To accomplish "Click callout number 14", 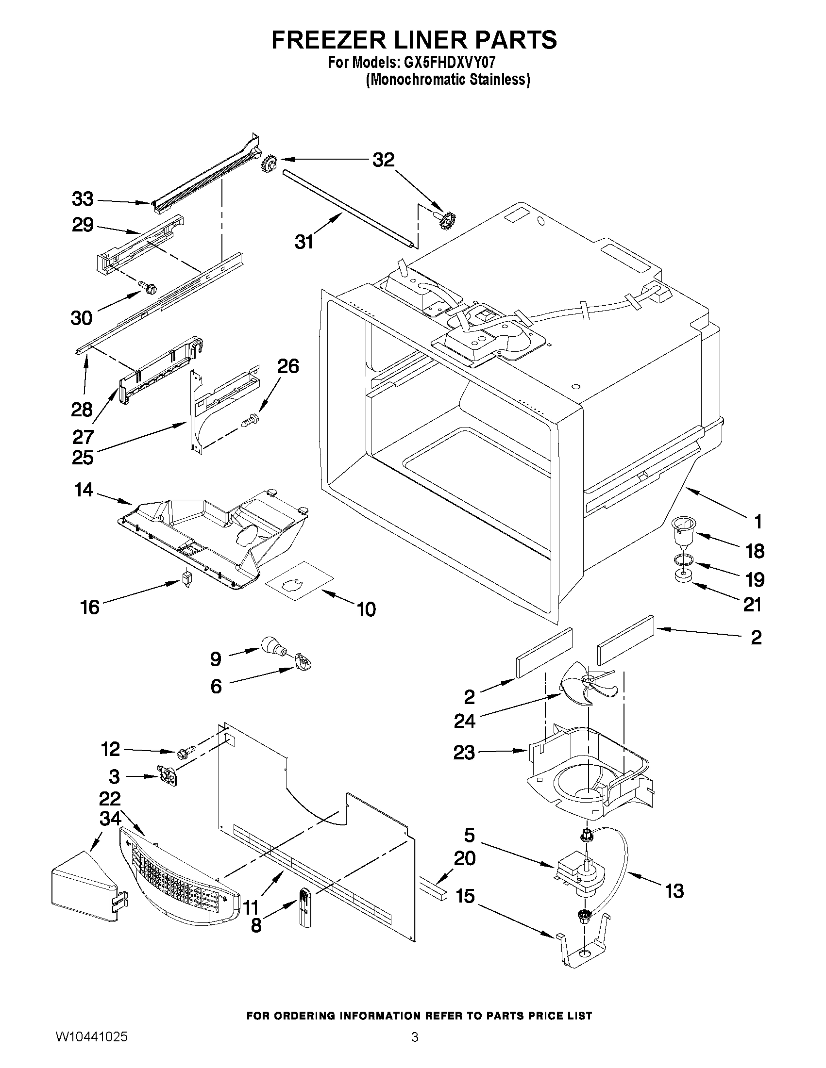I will point(83,490).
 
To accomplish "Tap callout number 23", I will point(464,752).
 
